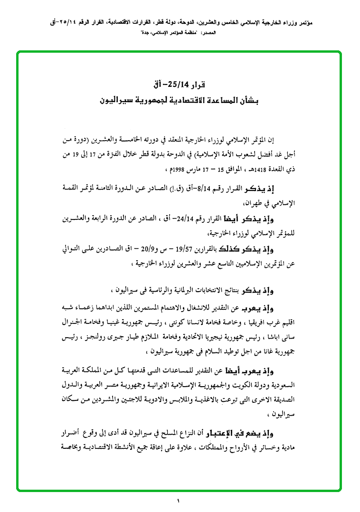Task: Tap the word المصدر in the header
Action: [x=208, y=34]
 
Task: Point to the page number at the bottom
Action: [x=180, y=500]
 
